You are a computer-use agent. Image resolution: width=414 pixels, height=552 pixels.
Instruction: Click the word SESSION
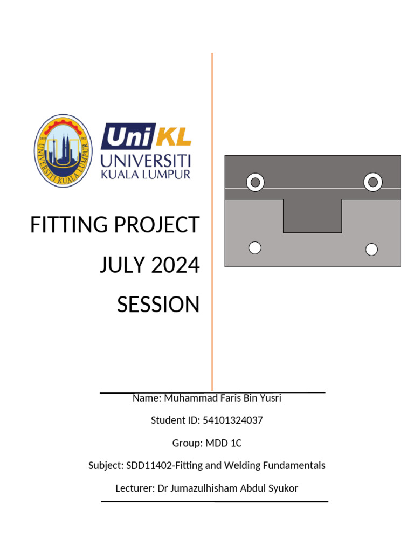[x=158, y=305]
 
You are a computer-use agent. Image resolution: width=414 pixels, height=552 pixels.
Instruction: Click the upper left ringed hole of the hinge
[x=255, y=183]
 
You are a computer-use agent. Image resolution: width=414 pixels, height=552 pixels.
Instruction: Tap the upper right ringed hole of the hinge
[x=372, y=183]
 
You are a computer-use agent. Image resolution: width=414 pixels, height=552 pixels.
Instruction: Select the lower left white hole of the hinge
[x=255, y=247]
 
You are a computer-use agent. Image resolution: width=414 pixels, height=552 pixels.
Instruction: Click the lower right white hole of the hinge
[x=371, y=249]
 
